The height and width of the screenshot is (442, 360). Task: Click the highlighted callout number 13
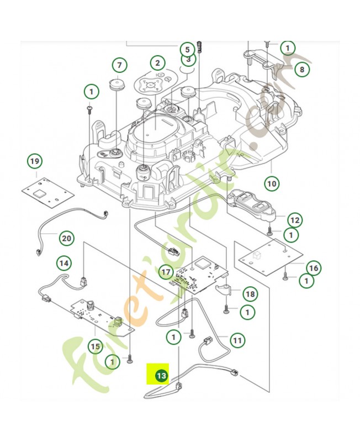click(161, 376)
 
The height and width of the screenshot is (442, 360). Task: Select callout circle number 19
click(35, 162)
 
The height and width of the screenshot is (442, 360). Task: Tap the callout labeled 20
click(66, 239)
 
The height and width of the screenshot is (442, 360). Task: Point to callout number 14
click(65, 263)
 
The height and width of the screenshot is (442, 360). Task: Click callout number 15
click(96, 346)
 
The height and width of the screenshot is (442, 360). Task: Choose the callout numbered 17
click(166, 272)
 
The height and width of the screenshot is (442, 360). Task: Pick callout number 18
click(250, 293)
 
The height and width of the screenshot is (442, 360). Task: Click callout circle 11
click(237, 340)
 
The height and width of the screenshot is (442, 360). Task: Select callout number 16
click(313, 269)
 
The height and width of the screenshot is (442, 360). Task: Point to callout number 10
click(271, 183)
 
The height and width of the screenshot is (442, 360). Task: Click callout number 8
click(301, 70)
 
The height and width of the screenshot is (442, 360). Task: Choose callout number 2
click(157, 63)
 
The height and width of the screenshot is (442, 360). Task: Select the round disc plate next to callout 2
click(153, 82)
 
